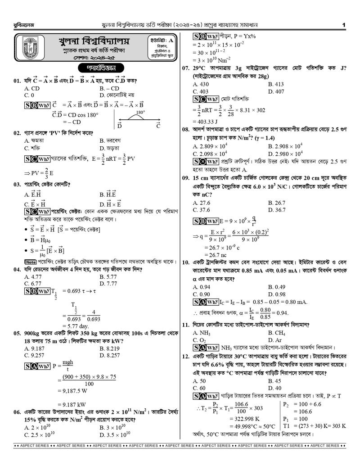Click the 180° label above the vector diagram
pyautogui.click(x=140, y=113)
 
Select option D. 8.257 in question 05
pyautogui.click(x=110, y=355)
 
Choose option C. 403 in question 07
pyautogui.click(x=201, y=91)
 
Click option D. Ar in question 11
pyautogui.click(x=274, y=340)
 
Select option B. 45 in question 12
pyautogui.click(x=274, y=381)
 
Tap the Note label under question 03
pyautogui.click(x=31, y=262)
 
